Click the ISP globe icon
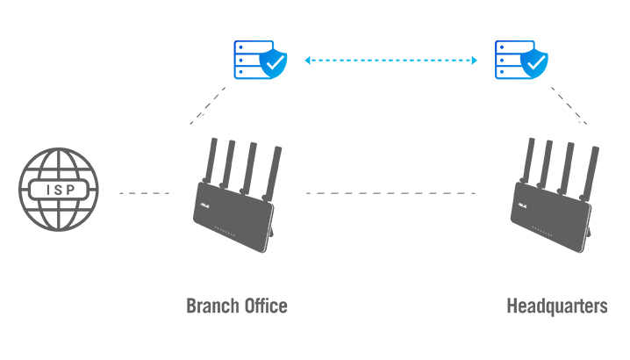[59, 191]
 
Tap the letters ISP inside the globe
[59, 190]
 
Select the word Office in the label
[264, 306]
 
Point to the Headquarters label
[556, 306]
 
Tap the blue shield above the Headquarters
[534, 63]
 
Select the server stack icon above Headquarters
[507, 59]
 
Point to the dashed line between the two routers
[390, 192]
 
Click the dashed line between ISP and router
[144, 192]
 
